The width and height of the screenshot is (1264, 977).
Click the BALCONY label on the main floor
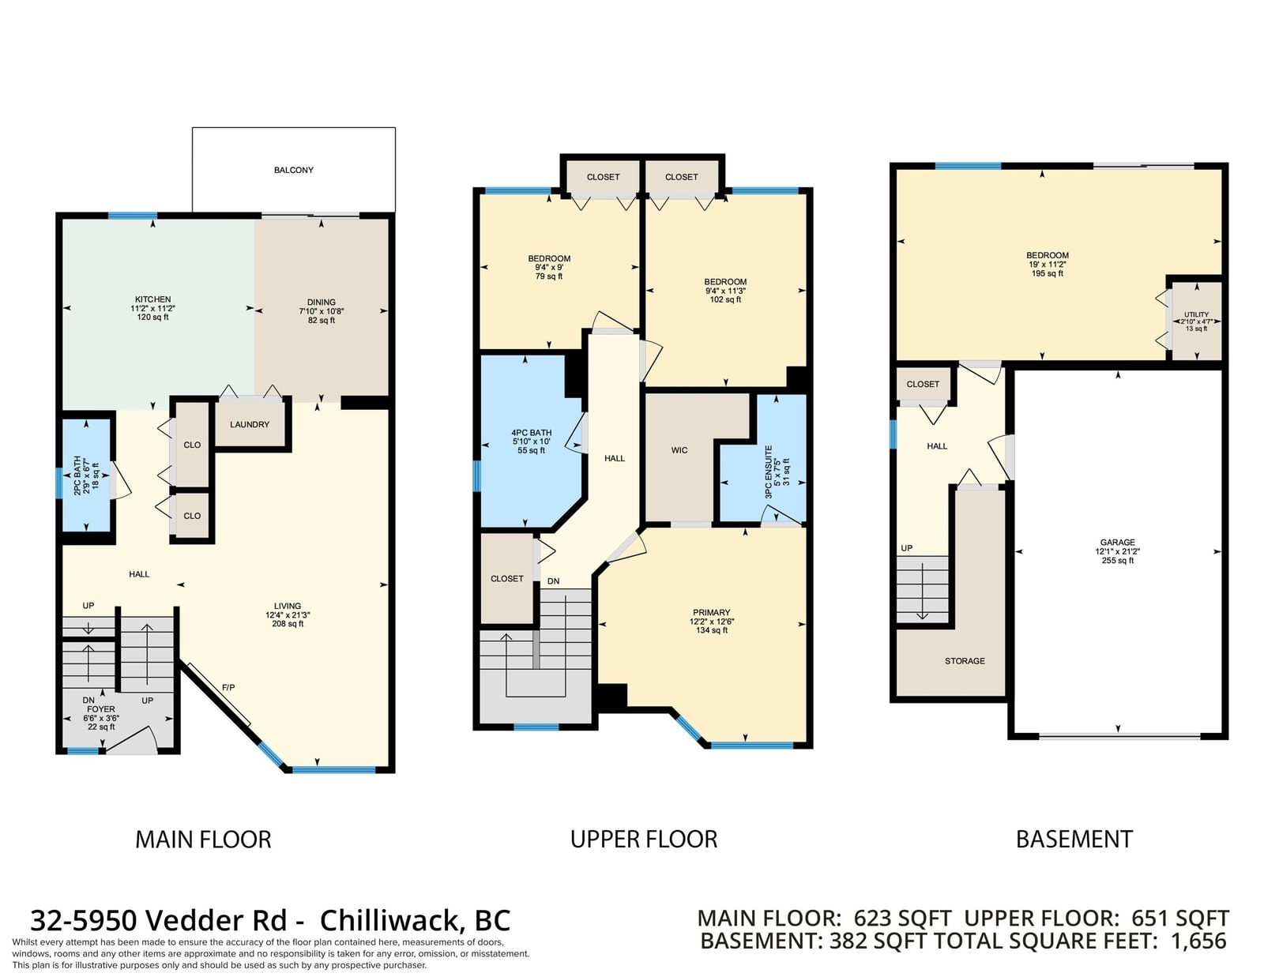[294, 170]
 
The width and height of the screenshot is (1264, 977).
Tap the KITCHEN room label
[153, 299]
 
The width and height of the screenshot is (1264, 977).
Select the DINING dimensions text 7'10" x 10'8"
[322, 311]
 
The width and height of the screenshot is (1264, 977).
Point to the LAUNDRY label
[250, 425]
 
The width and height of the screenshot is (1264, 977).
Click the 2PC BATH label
[77, 475]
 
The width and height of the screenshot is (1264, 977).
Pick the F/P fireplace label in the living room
[228, 687]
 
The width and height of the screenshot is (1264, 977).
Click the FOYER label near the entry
[101, 709]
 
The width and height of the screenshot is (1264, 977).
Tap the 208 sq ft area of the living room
[288, 624]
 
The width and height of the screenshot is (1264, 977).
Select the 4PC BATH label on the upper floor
[531, 433]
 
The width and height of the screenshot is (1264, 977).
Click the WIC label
[679, 450]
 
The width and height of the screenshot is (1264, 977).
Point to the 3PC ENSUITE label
[769, 472]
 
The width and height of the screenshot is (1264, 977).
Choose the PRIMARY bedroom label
[712, 612]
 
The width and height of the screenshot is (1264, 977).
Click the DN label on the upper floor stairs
[553, 581]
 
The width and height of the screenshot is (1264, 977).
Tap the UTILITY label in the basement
[1197, 314]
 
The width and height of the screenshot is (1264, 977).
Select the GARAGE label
[1117, 543]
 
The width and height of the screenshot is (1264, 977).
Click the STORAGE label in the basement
[965, 660]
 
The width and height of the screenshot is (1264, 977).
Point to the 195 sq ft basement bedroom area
[1048, 273]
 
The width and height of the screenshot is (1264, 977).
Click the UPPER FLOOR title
[644, 839]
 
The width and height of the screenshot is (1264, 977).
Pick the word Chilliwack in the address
[389, 921]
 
